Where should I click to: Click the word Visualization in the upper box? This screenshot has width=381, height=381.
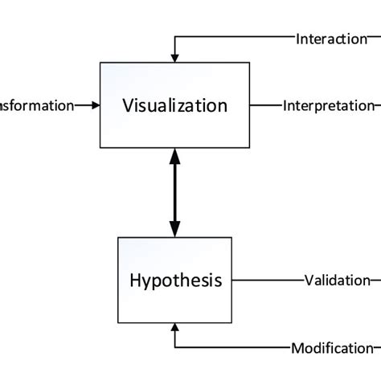[174, 105]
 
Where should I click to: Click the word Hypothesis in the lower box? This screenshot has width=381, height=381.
[174, 281]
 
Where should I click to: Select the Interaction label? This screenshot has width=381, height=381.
[332, 39]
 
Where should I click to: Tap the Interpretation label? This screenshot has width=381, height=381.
[328, 105]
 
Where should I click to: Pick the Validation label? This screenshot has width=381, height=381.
[337, 281]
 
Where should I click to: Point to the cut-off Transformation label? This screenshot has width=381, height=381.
[37, 105]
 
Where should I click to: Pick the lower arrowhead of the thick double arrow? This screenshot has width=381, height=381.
[174, 229]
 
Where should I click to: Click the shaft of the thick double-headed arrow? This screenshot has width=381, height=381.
[174, 193]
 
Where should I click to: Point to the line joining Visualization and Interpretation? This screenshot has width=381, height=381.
[266, 105]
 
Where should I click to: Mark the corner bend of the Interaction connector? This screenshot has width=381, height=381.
[174, 39]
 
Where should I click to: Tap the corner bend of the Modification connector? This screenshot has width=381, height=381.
[174, 348]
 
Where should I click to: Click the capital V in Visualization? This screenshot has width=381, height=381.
[129, 105]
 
